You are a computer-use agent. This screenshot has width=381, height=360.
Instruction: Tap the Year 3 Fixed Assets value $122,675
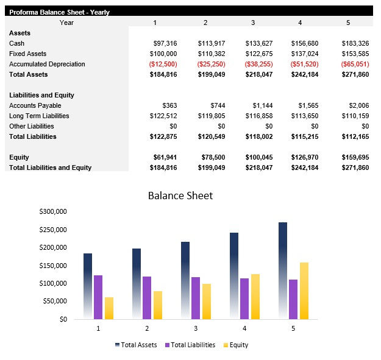pos(259,54)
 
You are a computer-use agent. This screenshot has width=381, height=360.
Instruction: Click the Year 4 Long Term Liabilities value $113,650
pos(307,116)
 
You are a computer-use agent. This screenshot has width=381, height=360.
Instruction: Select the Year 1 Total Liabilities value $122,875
pos(163,136)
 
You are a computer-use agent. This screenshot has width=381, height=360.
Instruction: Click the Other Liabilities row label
pos(32,126)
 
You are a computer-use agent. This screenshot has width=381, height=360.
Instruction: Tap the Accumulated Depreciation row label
pos(47,64)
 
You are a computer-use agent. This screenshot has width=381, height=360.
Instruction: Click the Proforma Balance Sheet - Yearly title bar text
pos(59,12)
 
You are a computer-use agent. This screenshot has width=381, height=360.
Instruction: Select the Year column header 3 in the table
pos(253,23)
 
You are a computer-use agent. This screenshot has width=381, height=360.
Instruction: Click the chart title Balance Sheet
pos(180,196)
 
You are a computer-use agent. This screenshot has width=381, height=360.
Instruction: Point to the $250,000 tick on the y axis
pos(52,230)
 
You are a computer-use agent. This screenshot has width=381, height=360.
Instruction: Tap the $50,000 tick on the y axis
pos(55,301)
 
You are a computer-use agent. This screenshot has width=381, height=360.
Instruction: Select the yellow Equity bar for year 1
pos(109,308)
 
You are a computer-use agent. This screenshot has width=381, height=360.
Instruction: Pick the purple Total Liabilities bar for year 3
pos(196,298)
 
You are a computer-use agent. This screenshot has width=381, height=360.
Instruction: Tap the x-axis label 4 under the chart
pos(244,328)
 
